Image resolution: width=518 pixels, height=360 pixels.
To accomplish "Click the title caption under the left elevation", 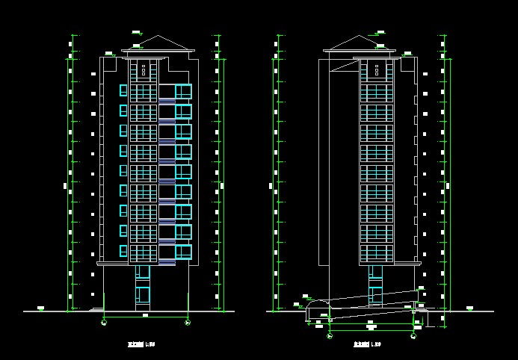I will (141, 344).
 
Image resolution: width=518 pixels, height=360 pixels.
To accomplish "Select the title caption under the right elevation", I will (366, 344).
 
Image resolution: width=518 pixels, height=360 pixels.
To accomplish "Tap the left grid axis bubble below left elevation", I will (104, 322).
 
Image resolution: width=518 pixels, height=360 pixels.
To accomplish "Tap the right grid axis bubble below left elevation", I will (188, 322).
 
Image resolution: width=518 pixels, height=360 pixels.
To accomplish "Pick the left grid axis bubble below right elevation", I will (329, 335).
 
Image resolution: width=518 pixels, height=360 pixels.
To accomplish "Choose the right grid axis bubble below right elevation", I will (413, 335).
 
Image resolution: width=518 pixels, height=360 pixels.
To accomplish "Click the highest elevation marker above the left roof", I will (136, 32).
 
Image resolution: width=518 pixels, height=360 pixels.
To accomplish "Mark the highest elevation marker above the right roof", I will (380, 32).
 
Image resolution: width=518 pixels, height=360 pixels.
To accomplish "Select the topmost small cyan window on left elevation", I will (123, 90).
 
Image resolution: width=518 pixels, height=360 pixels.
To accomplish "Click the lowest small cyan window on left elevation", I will (123, 251).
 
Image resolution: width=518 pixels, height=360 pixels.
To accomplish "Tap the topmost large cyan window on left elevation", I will (183, 91).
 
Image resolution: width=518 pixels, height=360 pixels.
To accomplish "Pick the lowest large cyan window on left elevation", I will (183, 252).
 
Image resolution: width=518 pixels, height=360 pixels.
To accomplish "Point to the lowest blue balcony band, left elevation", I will (167, 262).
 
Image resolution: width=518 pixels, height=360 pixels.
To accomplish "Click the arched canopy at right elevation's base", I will (315, 306).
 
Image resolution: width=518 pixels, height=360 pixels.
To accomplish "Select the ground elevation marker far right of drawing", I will (469, 308).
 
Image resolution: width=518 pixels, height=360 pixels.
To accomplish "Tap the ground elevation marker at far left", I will (41, 308).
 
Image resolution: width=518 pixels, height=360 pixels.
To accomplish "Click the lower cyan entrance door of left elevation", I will (142, 297).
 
